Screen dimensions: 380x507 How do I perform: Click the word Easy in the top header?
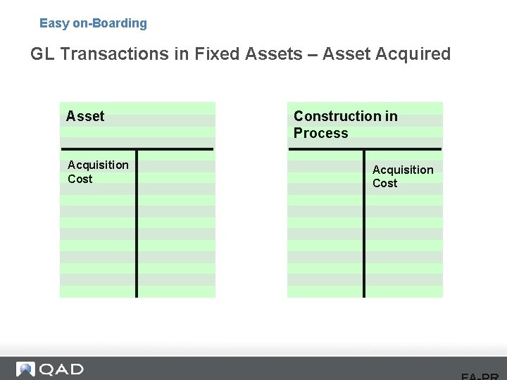tap(54, 23)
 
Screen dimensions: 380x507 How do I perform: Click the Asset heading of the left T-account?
tap(85, 116)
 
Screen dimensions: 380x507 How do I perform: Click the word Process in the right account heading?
tap(320, 133)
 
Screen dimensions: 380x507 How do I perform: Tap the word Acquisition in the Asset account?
tap(98, 165)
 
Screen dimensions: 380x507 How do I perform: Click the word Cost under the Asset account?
tap(80, 179)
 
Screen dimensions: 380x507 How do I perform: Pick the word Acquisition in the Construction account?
tap(403, 170)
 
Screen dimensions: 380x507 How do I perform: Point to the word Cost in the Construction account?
tap(384, 183)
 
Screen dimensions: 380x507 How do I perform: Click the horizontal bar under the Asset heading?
tap(137, 148)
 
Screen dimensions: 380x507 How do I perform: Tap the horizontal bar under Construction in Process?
tap(364, 148)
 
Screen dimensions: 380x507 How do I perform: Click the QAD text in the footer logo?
tap(61, 369)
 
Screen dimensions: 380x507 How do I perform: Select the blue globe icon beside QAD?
tap(25, 369)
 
